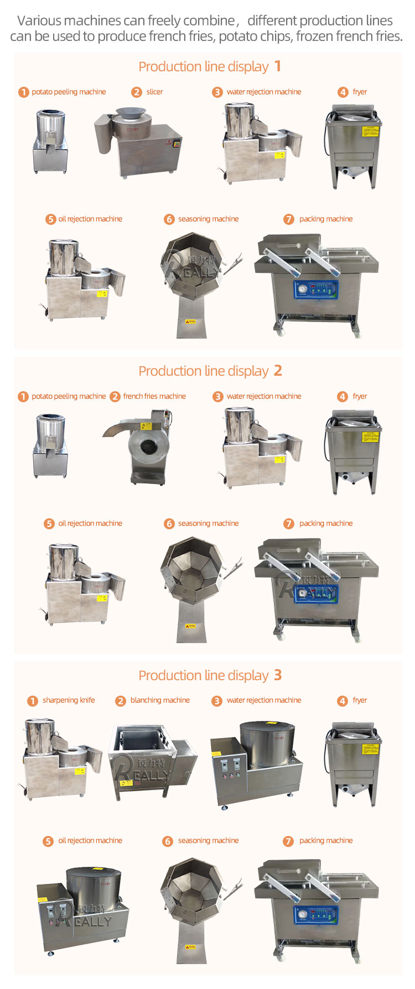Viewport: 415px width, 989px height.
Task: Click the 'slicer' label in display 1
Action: click(x=154, y=92)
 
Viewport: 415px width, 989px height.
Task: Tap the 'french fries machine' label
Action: click(x=154, y=396)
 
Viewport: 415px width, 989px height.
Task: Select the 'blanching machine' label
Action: click(x=160, y=700)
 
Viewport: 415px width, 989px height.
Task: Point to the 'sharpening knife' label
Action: click(x=69, y=700)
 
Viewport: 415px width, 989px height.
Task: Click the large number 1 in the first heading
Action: click(x=278, y=67)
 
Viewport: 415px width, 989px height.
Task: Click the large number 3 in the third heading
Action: click(x=278, y=675)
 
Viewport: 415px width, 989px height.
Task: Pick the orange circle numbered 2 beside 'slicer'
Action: click(x=137, y=92)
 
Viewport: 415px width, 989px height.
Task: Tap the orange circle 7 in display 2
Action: click(x=289, y=524)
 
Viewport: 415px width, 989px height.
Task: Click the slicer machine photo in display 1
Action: click(x=139, y=141)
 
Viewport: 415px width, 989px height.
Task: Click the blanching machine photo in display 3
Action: click(x=153, y=762)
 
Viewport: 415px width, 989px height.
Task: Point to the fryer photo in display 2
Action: click(x=353, y=451)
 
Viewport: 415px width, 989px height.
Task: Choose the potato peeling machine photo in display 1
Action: click(x=50, y=141)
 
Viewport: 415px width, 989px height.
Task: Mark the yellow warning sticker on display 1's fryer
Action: click(x=369, y=131)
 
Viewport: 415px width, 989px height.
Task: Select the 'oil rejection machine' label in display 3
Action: click(x=90, y=840)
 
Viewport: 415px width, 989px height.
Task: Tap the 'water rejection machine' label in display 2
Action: click(x=264, y=396)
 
